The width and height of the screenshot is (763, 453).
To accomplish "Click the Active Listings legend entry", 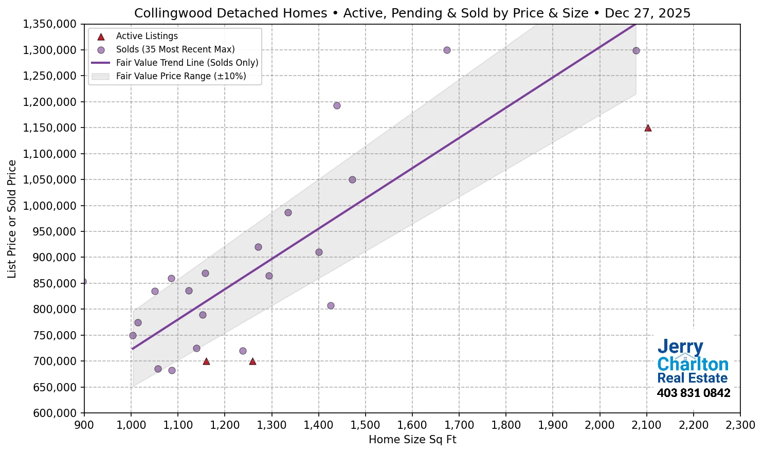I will [x=147, y=36].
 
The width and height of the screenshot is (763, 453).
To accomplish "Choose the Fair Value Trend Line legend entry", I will [x=187, y=63].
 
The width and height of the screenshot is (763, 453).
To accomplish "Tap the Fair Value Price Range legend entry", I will [x=180, y=76].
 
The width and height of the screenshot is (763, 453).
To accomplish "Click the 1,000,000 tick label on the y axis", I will [x=49, y=206].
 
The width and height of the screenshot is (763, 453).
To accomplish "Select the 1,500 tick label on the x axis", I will [x=365, y=425].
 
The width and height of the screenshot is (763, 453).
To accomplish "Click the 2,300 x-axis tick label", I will [x=740, y=425].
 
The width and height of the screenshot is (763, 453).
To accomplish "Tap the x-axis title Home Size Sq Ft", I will [x=412, y=440].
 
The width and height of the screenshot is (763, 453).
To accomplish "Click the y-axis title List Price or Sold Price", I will [x=12, y=219].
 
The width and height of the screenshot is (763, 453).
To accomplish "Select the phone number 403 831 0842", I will [x=693, y=393].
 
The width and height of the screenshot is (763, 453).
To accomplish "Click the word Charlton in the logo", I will [x=693, y=364].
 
